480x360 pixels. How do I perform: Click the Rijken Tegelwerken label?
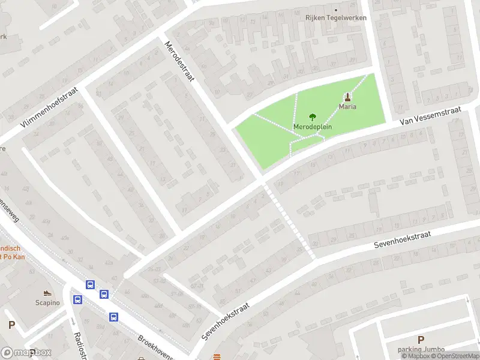(x=336, y=17)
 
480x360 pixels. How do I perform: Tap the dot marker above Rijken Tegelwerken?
(x=336, y=10)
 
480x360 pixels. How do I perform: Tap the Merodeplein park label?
(x=313, y=127)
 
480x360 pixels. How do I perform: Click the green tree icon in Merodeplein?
(x=312, y=118)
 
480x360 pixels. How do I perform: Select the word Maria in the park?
(x=347, y=107)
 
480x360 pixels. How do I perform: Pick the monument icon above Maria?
(x=347, y=97)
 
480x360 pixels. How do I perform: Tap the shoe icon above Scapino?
(x=47, y=293)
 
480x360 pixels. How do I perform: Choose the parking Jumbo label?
(x=421, y=350)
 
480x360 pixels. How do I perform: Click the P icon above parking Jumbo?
(x=421, y=340)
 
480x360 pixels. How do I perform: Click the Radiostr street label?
(x=79, y=345)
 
